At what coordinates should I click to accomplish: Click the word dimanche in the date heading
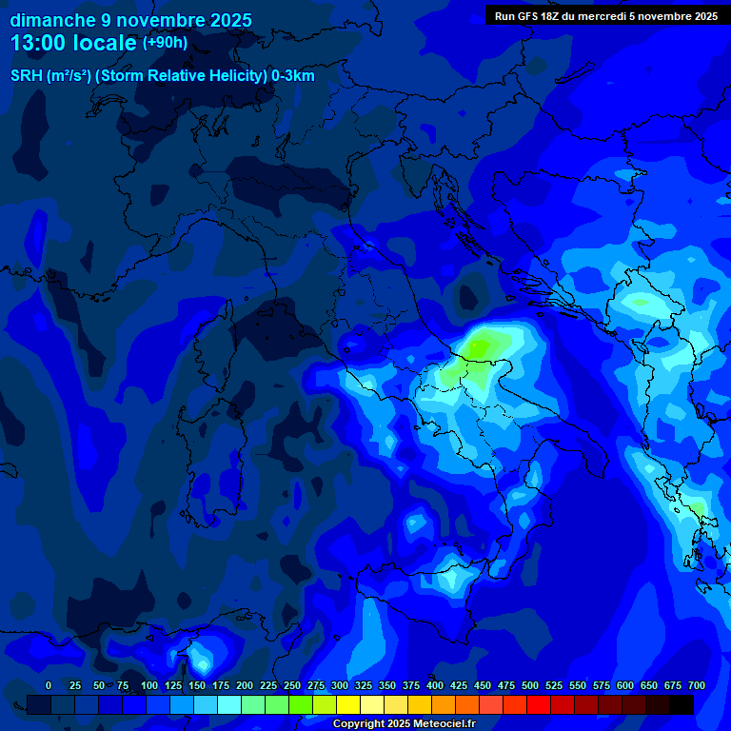(53, 20)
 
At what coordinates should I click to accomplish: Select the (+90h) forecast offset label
(165, 43)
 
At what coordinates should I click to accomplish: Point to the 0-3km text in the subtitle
(292, 76)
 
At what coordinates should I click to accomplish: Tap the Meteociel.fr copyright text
(404, 724)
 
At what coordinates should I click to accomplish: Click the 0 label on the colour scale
(49, 686)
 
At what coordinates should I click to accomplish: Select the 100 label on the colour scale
(149, 686)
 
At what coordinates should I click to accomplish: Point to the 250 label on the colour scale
(292, 686)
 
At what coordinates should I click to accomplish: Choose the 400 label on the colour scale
(435, 686)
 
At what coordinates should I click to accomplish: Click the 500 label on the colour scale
(530, 686)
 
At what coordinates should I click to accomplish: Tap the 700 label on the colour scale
(697, 686)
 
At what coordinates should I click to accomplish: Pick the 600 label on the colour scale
(625, 686)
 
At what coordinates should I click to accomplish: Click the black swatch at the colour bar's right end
(682, 705)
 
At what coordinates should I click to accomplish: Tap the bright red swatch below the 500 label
(539, 705)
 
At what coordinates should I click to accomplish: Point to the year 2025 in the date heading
(230, 20)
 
